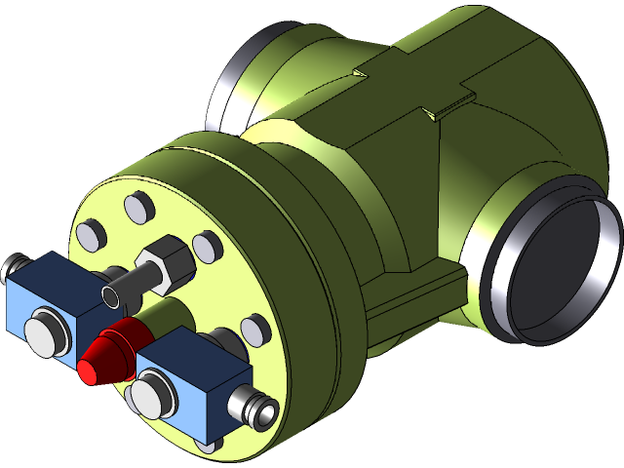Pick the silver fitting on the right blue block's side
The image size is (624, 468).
[x=257, y=409]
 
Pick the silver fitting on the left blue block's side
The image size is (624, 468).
[x=16, y=266]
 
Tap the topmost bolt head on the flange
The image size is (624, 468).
[x=136, y=206]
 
